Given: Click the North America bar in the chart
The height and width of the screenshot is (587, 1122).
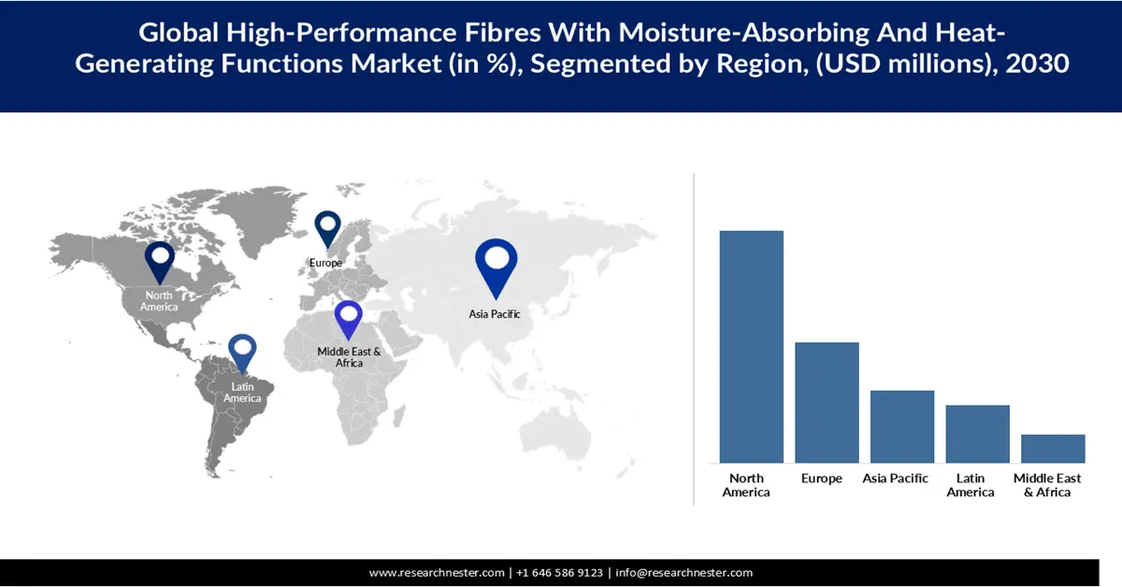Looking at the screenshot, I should click(x=751, y=346).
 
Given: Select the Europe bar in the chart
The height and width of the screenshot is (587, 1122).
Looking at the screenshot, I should click(x=827, y=402).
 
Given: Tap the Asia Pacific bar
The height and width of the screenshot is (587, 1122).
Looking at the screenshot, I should click(x=902, y=426).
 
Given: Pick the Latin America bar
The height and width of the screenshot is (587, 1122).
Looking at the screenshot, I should click(x=977, y=434).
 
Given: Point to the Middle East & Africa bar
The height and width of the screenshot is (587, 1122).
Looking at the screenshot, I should click(x=1053, y=449).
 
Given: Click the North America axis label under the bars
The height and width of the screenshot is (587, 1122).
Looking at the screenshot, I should click(x=746, y=485).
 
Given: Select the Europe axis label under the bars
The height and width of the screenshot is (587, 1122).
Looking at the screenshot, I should click(x=821, y=479).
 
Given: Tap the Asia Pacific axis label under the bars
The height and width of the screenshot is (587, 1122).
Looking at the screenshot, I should click(x=896, y=479).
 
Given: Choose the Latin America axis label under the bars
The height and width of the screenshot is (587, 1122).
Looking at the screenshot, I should click(x=971, y=485).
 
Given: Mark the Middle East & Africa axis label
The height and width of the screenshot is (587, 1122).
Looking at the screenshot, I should click(x=1047, y=485).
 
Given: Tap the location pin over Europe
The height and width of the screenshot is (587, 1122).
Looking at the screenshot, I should click(x=327, y=228).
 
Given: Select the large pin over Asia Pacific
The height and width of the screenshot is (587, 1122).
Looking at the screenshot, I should click(x=496, y=265).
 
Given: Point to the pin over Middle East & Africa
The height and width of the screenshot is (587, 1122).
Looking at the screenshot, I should click(x=349, y=319).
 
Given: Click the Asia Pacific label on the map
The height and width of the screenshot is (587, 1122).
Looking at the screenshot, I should click(x=495, y=315).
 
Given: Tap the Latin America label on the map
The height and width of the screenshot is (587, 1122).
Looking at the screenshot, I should click(x=242, y=393).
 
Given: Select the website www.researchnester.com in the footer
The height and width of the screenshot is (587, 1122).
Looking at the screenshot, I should click(x=438, y=573).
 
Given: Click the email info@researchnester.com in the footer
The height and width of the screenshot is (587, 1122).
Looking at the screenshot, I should click(x=683, y=573).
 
